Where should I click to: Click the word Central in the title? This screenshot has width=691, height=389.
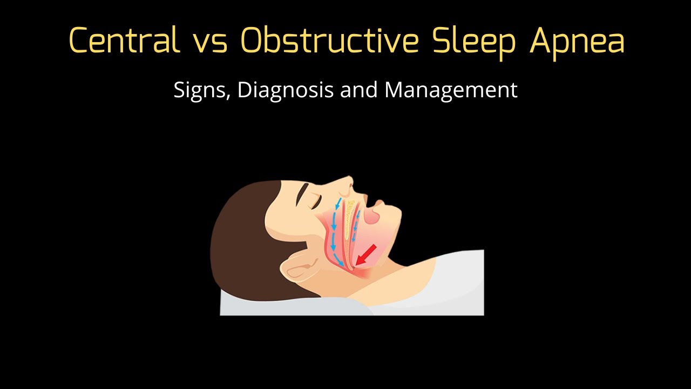tap(125, 40)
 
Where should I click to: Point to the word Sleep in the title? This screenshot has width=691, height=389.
tap(476, 41)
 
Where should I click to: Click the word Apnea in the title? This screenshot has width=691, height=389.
tap(577, 41)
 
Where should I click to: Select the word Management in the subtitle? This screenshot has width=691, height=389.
tap(451, 90)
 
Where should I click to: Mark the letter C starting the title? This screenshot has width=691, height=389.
tap(78, 41)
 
